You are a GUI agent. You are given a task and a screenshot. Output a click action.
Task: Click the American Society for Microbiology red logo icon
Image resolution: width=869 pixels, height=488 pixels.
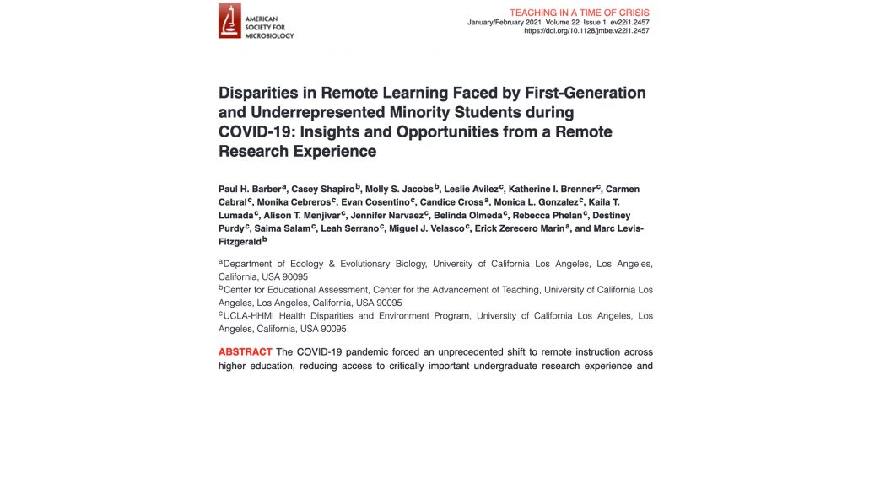click(x=229, y=20)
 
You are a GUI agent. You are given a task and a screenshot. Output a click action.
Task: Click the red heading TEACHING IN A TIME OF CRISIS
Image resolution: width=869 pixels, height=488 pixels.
click(x=580, y=12)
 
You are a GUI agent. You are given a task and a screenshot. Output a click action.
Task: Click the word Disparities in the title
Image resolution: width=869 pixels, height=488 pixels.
click(x=259, y=93)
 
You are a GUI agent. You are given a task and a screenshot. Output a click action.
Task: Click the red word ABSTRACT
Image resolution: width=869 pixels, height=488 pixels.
click(x=245, y=351)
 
